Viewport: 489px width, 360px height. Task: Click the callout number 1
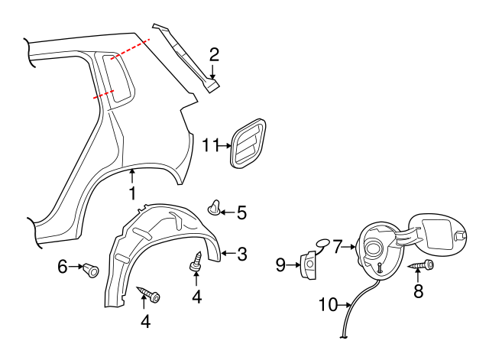[132, 194]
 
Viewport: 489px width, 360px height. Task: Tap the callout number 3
[241, 254]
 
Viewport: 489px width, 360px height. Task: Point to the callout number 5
[241, 212]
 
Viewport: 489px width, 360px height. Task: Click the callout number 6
[63, 266]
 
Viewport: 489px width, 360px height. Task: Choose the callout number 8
[418, 290]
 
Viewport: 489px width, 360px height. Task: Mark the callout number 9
[280, 264]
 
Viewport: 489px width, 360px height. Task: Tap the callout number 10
[327, 305]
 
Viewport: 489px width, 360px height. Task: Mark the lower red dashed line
[104, 95]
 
